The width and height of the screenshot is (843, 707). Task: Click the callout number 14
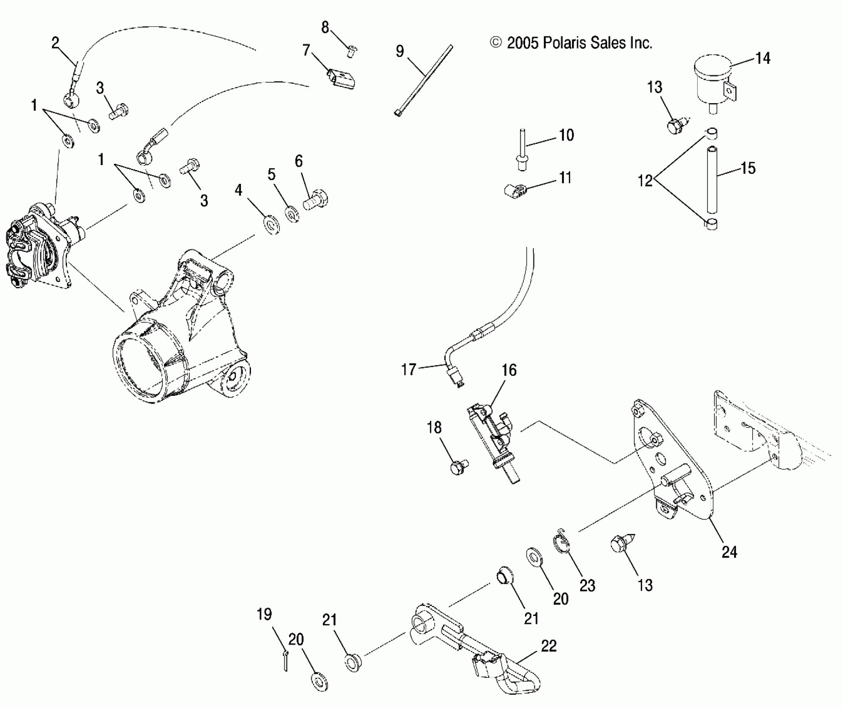763,59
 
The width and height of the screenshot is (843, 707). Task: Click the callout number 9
399,52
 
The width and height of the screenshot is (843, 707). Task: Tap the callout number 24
729,552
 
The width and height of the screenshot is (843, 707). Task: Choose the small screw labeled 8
351,52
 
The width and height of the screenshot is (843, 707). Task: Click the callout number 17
409,369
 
